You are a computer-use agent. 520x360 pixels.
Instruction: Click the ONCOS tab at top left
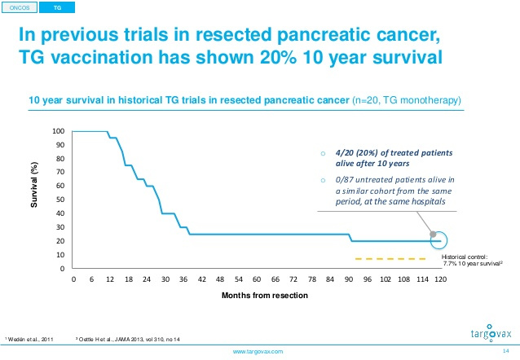(x=20, y=7)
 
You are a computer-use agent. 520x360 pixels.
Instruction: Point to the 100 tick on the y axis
(x=59, y=131)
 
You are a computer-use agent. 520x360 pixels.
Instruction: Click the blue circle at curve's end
(x=438, y=241)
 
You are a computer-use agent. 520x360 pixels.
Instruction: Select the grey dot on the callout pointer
(x=432, y=234)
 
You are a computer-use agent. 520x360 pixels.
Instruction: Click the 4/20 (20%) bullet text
(x=390, y=157)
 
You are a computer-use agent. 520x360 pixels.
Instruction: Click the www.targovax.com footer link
(x=258, y=352)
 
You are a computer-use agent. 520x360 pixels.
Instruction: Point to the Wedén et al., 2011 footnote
(x=31, y=337)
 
